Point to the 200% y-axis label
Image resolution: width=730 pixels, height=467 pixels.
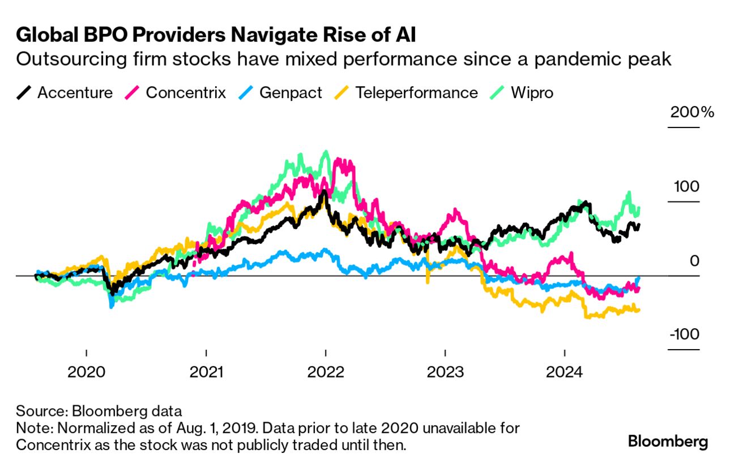(692, 112)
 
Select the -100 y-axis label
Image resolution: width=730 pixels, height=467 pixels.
(684, 334)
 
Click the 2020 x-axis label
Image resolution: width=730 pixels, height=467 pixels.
(86, 372)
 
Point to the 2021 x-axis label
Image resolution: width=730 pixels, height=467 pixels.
(206, 372)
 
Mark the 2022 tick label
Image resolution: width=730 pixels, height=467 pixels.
(326, 372)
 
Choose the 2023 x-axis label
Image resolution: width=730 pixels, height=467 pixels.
(445, 372)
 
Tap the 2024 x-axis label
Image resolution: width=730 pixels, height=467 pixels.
(565, 372)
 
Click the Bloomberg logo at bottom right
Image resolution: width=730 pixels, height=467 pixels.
(668, 441)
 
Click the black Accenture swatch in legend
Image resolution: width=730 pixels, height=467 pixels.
(24, 92)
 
